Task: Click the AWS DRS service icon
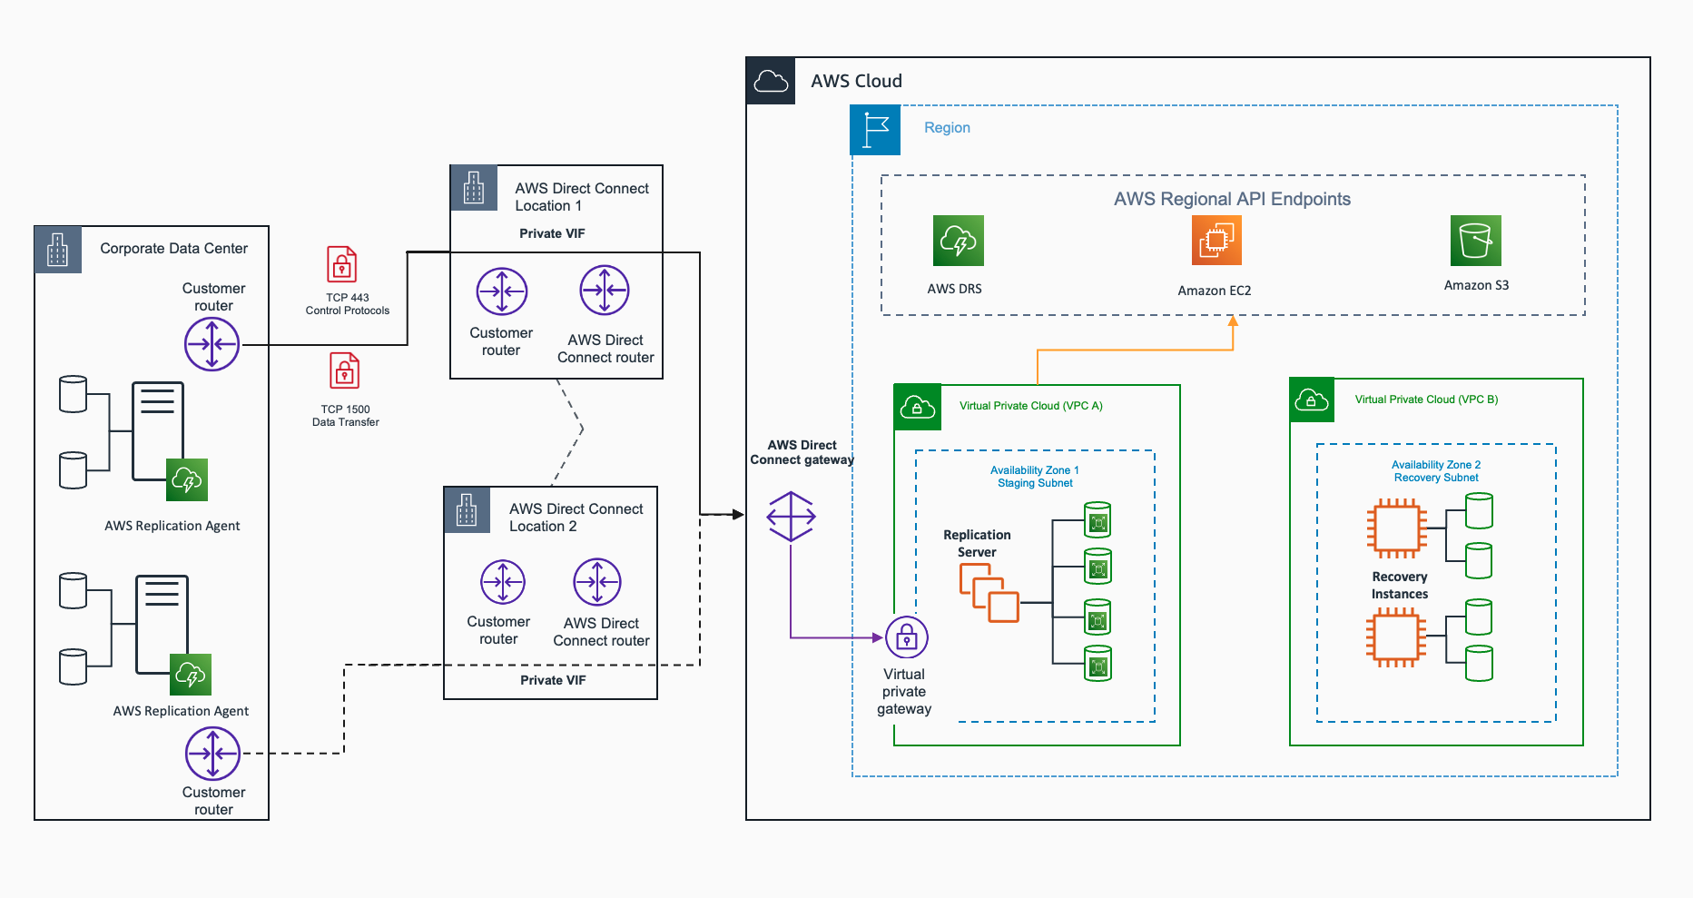[958, 241]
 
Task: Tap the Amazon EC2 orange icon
[1216, 241]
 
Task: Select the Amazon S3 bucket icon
[1475, 241]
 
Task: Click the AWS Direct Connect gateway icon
[791, 516]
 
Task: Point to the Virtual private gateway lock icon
[906, 638]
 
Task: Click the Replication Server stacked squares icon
[989, 593]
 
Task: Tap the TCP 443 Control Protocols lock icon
[342, 265]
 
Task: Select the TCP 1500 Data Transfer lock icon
[345, 370]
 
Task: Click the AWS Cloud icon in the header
[771, 81]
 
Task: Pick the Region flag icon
[875, 130]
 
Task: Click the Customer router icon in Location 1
[501, 291]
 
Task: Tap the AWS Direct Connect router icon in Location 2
[596, 582]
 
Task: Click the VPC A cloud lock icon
[917, 407]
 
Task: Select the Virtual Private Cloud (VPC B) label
[1426, 400]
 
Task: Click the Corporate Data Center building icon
[58, 250]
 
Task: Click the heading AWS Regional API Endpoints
[1232, 199]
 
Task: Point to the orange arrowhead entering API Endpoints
[1233, 321]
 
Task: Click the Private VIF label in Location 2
[552, 680]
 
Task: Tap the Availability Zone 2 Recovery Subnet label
[1436, 471]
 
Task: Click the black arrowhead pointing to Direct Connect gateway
[738, 515]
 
